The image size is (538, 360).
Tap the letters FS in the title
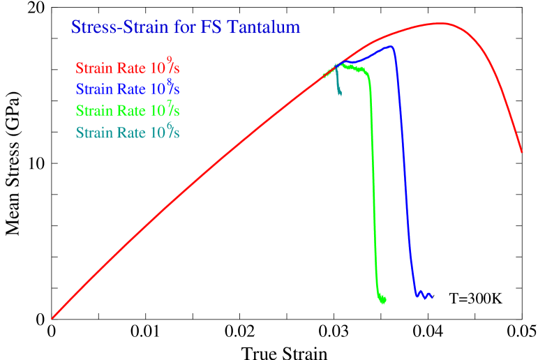click(209, 28)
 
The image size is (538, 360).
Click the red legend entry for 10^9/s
click(128, 68)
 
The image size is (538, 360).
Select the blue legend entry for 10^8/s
click(128, 89)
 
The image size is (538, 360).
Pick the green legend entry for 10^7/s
click(128, 111)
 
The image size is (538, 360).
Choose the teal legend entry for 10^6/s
click(128, 133)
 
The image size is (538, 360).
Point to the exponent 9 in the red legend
click(169, 60)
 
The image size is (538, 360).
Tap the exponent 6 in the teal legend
click(169, 124)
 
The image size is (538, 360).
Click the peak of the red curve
click(440, 23)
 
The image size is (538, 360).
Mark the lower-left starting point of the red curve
click(52, 318)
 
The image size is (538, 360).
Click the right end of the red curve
click(522, 151)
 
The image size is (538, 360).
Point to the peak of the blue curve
click(391, 47)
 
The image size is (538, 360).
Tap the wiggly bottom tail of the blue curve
click(424, 295)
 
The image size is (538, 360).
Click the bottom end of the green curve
click(383, 301)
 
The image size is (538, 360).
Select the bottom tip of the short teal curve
click(340, 95)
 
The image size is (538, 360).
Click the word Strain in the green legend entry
click(94, 111)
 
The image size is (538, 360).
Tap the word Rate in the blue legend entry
click(130, 89)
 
